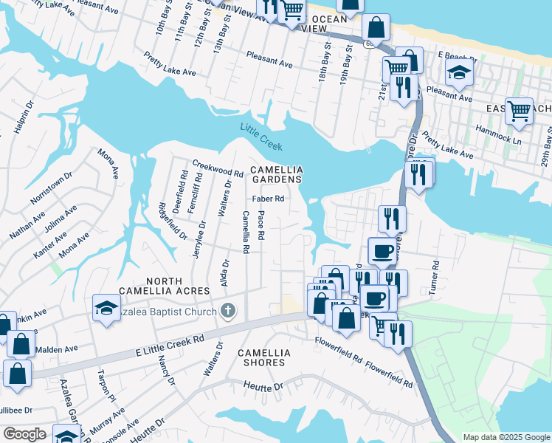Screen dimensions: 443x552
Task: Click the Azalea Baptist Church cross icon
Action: (x=228, y=311)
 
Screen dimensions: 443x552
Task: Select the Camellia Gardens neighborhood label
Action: (x=276, y=174)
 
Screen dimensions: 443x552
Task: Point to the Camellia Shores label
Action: (x=262, y=358)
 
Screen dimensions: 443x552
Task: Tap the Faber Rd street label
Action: (x=268, y=199)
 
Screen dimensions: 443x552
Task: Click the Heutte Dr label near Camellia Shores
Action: (x=263, y=386)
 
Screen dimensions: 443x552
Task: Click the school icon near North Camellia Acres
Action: (x=106, y=307)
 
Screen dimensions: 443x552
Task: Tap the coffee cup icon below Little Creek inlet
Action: (x=382, y=251)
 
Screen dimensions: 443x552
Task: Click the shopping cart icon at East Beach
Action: (x=520, y=111)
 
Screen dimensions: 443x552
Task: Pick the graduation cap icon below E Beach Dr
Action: (x=459, y=73)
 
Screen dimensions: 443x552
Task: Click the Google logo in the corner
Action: (x=24, y=434)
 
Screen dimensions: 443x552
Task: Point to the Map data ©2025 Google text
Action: (x=506, y=437)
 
